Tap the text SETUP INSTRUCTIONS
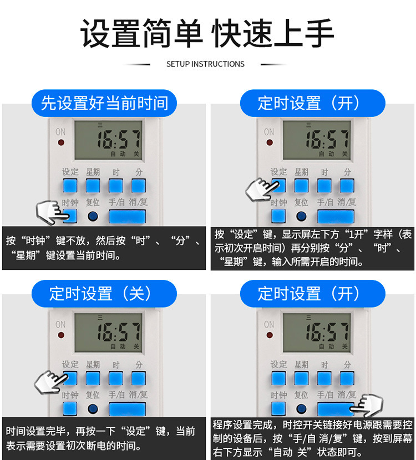205,64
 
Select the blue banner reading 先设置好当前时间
104,103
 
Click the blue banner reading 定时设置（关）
104,293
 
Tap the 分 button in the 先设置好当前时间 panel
139,186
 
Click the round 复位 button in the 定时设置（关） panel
93,410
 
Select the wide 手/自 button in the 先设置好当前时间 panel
127,217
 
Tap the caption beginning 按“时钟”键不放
104,248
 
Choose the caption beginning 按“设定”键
313,248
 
